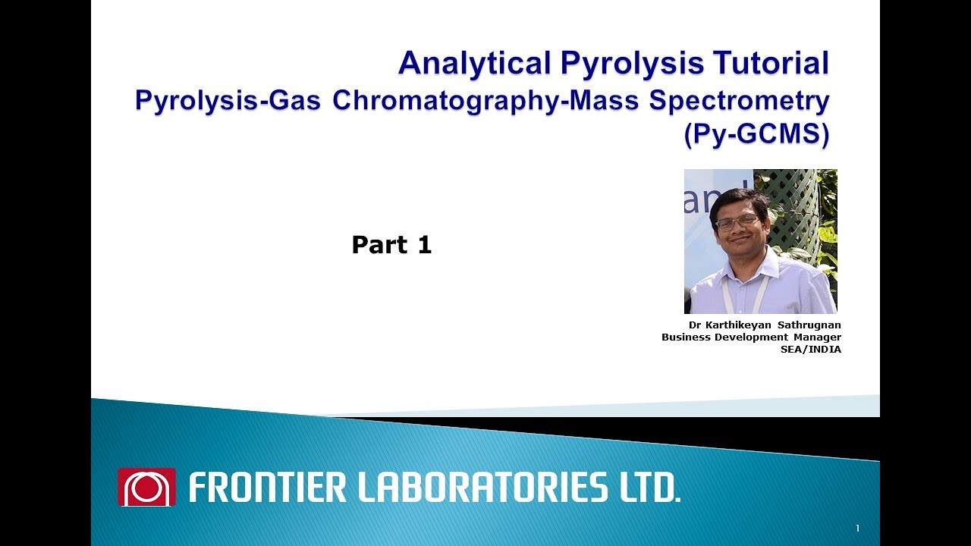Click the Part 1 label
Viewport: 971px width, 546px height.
(391, 245)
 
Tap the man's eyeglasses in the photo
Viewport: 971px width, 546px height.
(737, 223)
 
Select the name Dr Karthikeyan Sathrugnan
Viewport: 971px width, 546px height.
(765, 325)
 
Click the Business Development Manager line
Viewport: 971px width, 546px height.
(751, 337)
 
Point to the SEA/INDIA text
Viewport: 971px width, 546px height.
(811, 350)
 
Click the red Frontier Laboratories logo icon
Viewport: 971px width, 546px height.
(146, 487)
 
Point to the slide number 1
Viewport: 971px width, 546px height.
(857, 529)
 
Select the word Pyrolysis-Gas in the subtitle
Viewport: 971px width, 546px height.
(228, 100)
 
